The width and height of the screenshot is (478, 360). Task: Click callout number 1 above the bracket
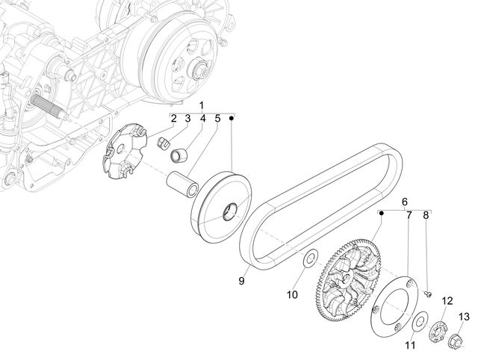click(x=201, y=105)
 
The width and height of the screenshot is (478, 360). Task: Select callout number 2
click(x=173, y=118)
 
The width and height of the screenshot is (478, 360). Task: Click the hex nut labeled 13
click(x=455, y=339)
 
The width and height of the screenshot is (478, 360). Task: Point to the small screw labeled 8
click(x=428, y=294)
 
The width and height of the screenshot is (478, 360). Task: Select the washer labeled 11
click(x=420, y=320)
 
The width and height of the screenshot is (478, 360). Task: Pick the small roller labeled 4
click(x=179, y=155)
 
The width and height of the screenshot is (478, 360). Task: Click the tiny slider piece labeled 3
click(x=164, y=143)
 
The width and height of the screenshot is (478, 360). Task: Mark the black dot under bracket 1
click(x=232, y=118)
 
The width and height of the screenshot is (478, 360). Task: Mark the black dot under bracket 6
click(x=381, y=214)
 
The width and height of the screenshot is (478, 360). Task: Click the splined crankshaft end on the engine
click(x=49, y=105)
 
